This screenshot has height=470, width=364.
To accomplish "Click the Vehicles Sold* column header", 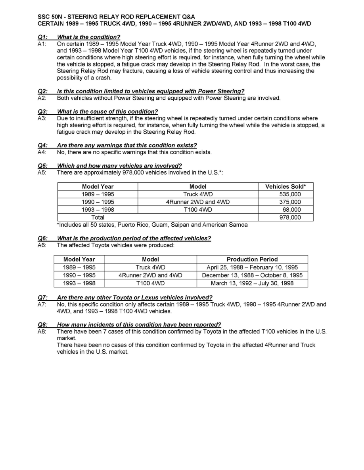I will click(x=285, y=186).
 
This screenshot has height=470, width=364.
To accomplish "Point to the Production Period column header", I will click(x=252, y=260).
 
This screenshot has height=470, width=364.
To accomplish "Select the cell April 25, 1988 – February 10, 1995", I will click(x=252, y=267).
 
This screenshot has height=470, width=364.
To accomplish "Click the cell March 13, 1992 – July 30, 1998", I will click(x=252, y=283).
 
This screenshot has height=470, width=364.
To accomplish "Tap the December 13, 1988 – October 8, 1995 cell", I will click(x=252, y=275).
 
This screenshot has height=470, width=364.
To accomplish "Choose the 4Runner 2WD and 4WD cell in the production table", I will click(x=150, y=275).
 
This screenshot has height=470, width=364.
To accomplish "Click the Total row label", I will click(x=98, y=217).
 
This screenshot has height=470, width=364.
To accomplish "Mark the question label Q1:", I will click(x=42, y=37).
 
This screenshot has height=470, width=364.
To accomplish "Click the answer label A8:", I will click(x=42, y=332).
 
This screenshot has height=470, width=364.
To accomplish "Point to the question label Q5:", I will click(x=42, y=166).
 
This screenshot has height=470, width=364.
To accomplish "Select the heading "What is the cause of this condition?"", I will click(x=107, y=112).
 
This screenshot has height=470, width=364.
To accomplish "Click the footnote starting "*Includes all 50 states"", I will click(x=152, y=225).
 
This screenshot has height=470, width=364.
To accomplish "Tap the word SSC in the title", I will click(x=44, y=17).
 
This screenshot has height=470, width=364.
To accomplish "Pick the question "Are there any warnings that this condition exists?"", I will click(x=127, y=145).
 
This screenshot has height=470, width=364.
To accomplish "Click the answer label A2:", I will click(x=42, y=98).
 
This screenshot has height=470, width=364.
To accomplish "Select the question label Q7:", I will click(x=42, y=298).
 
